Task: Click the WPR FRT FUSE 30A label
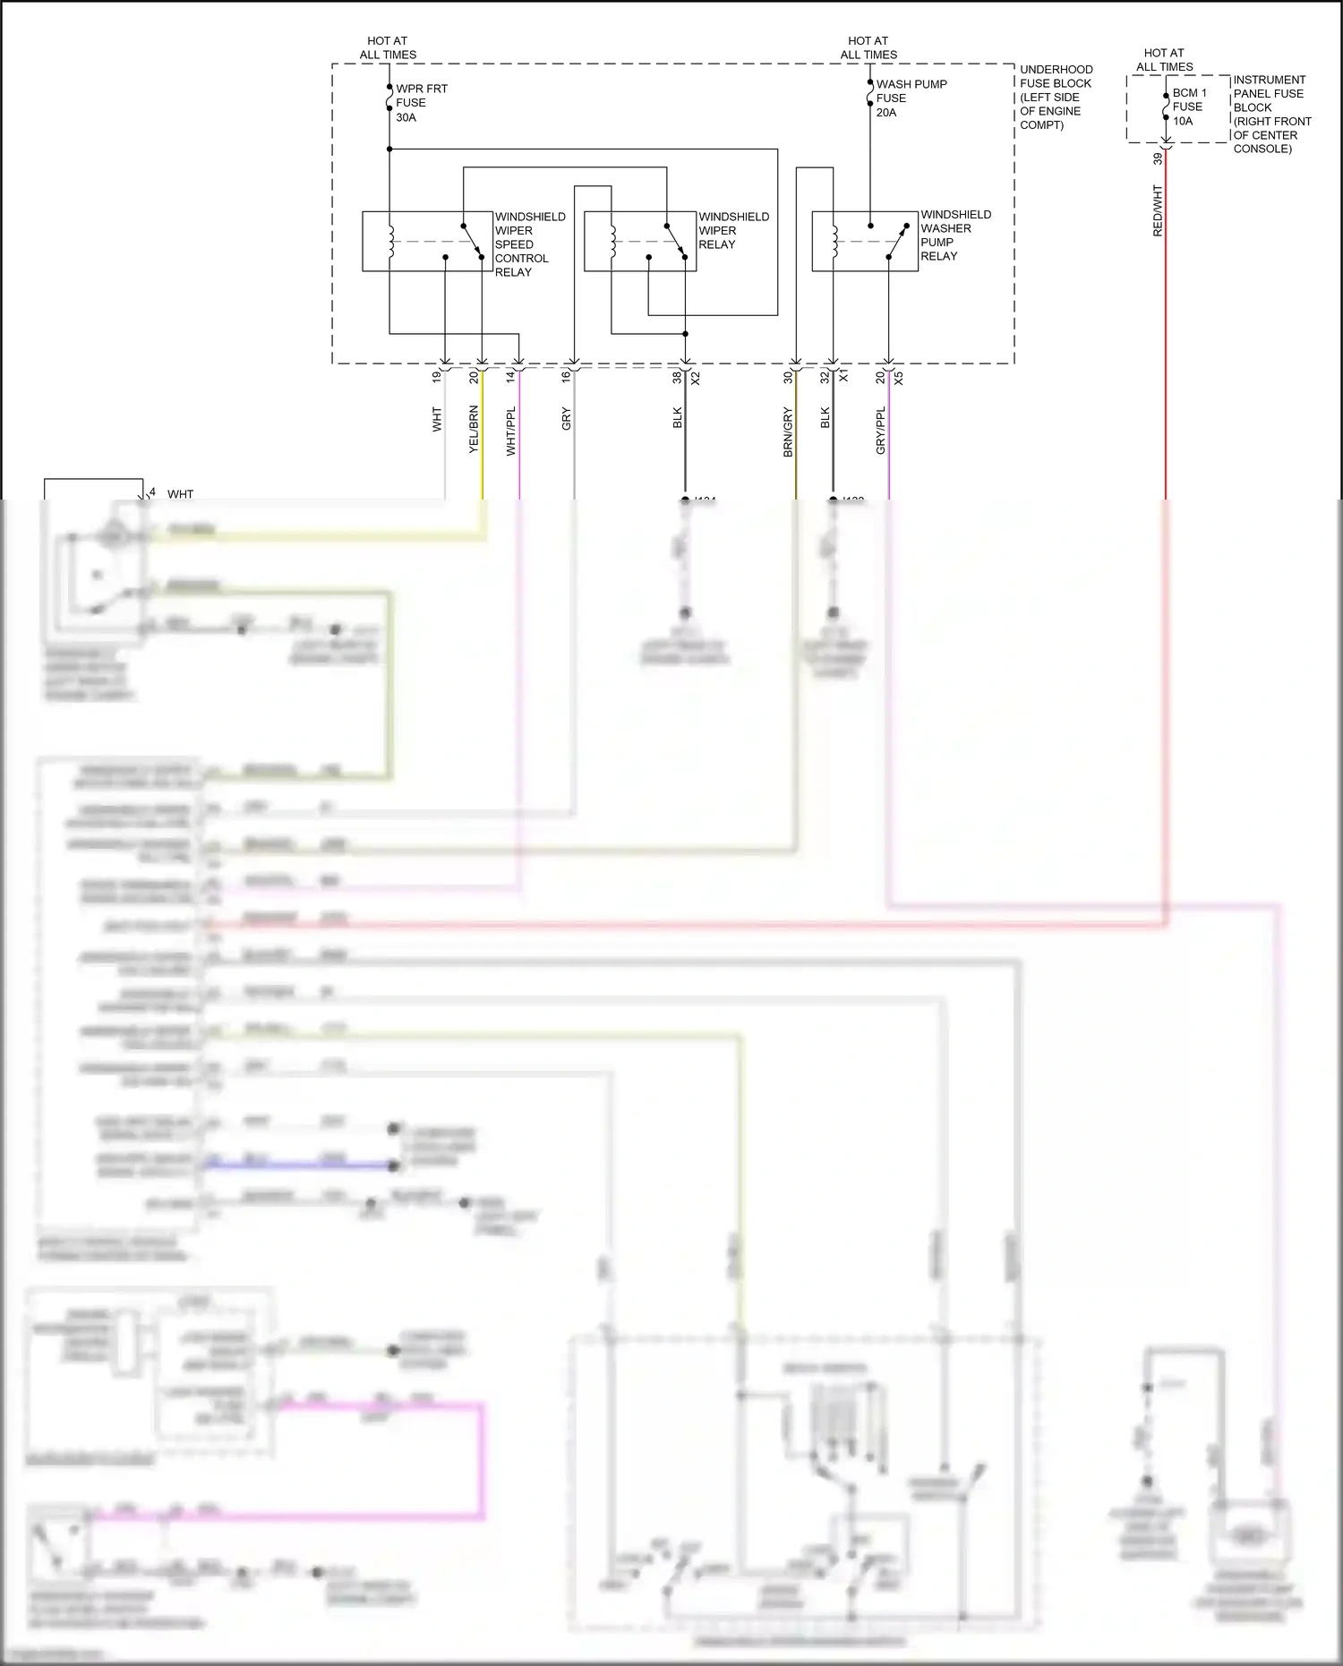tap(421, 103)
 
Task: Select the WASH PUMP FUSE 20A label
tap(910, 98)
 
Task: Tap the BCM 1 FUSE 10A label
tap(1189, 107)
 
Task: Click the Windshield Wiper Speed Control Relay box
tap(427, 241)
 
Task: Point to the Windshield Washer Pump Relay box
tap(864, 241)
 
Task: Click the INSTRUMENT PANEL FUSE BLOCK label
tap(1271, 114)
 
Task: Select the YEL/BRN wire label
tap(474, 429)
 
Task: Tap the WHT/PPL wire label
tap(510, 431)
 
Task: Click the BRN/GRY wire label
tap(788, 431)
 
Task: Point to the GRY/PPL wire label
tap(880, 430)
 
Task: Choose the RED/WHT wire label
tap(1157, 210)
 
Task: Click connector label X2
tap(696, 378)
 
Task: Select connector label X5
tap(898, 378)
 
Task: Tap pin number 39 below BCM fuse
tap(1157, 158)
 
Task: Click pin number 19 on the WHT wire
tap(437, 377)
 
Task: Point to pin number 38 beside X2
tap(678, 378)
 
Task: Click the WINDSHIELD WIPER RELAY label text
tap(733, 230)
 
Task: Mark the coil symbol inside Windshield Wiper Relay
tap(612, 241)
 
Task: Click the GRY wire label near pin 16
tap(566, 418)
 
